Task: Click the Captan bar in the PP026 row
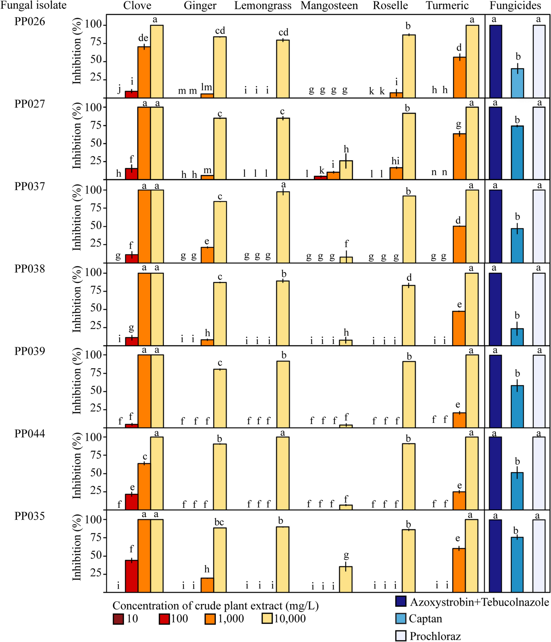pos(517,83)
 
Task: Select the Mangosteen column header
pos(329,6)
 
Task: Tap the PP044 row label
pos(30,433)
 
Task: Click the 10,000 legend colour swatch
pos(267,618)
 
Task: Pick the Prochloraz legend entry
pos(435,636)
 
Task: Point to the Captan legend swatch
pos(401,618)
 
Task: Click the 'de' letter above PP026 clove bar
pos(143,38)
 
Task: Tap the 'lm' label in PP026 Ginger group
pos(207,87)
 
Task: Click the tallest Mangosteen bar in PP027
pos(346,170)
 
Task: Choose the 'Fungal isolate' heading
pos(33,5)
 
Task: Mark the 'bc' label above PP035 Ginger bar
pos(219,522)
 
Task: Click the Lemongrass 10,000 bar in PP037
pos(283,227)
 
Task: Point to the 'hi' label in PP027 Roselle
pos(395,161)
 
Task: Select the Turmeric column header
pos(447,6)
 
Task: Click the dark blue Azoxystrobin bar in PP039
pos(495,391)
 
